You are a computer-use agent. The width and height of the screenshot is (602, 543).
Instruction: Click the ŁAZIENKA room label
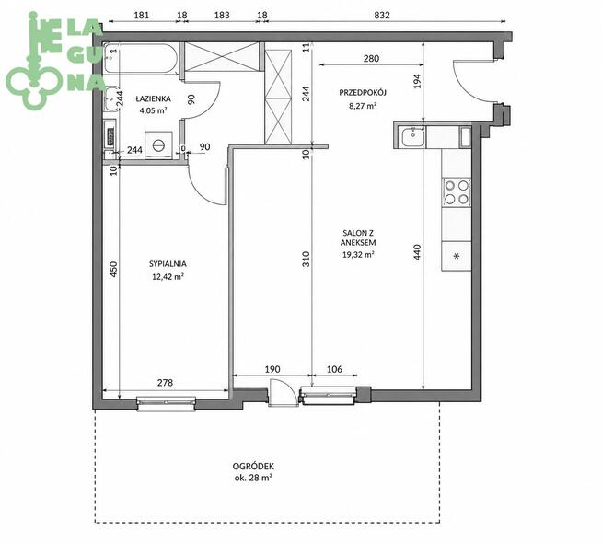tap(153, 99)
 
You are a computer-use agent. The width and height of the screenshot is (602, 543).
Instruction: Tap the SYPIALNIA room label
tap(168, 264)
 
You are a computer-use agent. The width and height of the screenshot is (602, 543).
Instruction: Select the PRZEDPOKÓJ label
tap(363, 92)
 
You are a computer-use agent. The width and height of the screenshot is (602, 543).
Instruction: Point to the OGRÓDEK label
tap(253, 467)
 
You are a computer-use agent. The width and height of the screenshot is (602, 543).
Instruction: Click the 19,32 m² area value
tap(359, 254)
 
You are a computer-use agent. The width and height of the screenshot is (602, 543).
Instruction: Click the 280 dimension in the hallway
tap(371, 58)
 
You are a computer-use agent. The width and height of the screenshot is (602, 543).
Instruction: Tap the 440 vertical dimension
tap(417, 252)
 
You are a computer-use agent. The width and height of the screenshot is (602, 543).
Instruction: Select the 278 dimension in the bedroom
tap(165, 383)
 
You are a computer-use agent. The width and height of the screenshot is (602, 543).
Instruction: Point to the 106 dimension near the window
tap(334, 369)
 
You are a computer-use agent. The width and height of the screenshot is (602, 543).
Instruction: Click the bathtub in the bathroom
tap(141, 58)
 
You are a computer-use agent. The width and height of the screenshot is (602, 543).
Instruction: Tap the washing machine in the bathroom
tap(158, 144)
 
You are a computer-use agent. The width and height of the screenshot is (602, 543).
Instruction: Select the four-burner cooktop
tap(457, 191)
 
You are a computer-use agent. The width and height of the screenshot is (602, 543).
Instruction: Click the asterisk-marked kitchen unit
tap(457, 256)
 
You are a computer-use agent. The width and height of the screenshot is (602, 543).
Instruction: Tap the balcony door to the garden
tap(283, 392)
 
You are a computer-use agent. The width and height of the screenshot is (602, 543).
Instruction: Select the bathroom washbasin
tap(110, 98)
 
